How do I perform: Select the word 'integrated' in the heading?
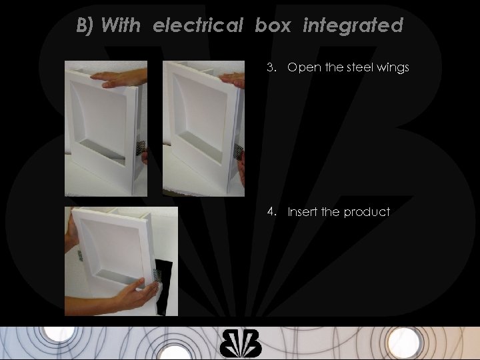pos(353,26)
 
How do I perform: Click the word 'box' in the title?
pos(274,26)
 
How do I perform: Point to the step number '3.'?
pos(271,67)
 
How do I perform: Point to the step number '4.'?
pos(271,212)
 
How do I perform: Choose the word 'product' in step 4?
pos(367,212)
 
